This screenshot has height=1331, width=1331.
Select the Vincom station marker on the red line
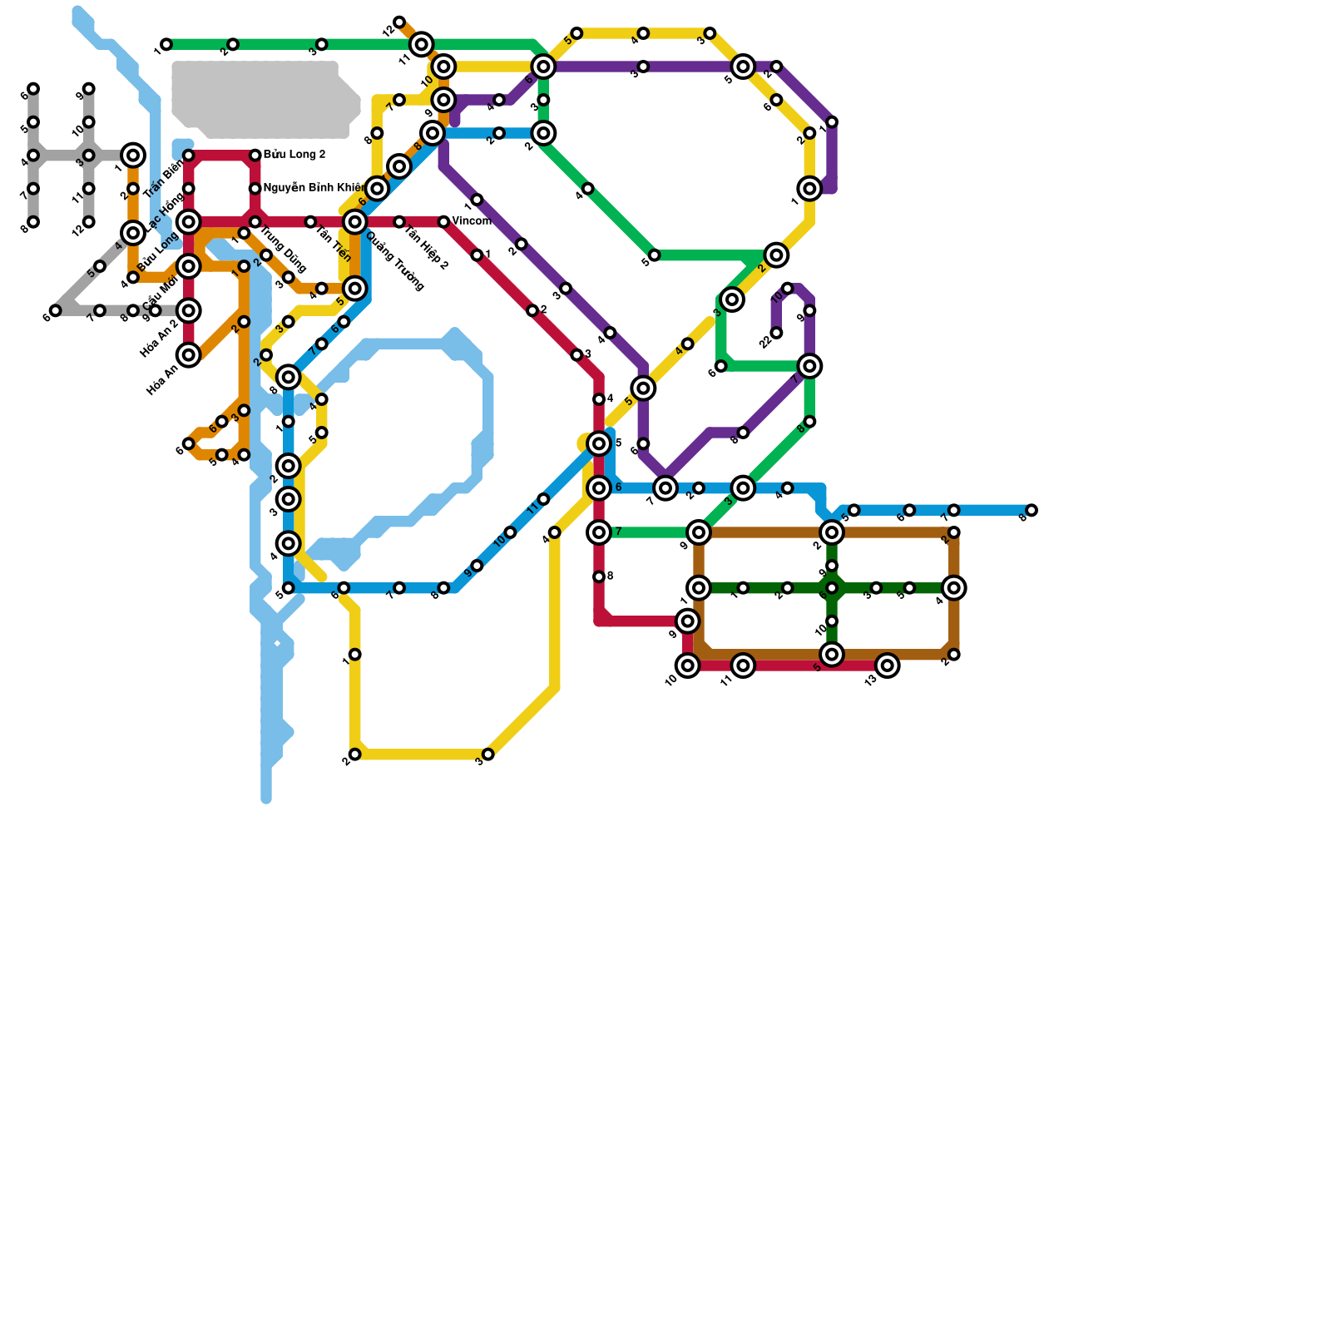(443, 222)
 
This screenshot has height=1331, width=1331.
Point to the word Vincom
(472, 221)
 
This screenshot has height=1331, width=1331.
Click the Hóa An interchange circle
(189, 355)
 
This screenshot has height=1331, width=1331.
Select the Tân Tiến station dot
(310, 222)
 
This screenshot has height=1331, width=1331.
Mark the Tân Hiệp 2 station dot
(399, 222)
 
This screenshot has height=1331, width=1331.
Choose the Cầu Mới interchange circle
(189, 311)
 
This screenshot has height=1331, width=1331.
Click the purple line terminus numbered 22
(776, 334)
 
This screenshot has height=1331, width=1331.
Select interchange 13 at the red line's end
(888, 665)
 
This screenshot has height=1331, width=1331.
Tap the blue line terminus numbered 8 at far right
(1032, 510)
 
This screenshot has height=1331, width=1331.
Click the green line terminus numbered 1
(166, 44)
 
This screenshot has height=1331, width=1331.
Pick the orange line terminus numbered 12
(399, 22)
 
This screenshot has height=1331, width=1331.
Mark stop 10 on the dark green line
(832, 621)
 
